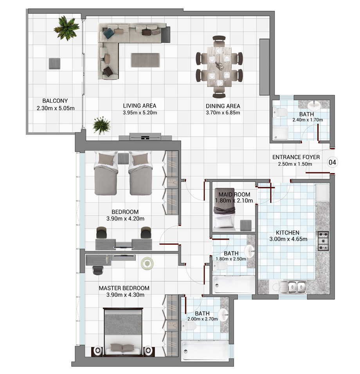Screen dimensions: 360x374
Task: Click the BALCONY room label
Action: (x=55, y=101)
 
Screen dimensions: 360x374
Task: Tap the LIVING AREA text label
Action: (x=140, y=106)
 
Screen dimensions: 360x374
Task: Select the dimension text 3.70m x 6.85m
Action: (x=223, y=113)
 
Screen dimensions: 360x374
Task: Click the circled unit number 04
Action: (x=332, y=163)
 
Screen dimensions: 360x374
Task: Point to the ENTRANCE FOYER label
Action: (x=296, y=157)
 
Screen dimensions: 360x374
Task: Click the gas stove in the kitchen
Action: (x=322, y=241)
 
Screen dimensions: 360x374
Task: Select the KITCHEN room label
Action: (x=288, y=233)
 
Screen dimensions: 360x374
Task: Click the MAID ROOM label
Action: (x=234, y=195)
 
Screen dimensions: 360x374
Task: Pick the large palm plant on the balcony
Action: (x=66, y=28)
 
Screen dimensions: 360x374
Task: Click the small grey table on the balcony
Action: (x=54, y=63)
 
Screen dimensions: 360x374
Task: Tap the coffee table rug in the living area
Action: (x=145, y=60)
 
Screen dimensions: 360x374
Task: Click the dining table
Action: (x=219, y=67)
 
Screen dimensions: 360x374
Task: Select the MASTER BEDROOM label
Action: (x=124, y=288)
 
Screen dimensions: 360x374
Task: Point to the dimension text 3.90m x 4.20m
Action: (x=125, y=219)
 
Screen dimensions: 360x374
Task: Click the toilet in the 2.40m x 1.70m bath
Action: (x=280, y=112)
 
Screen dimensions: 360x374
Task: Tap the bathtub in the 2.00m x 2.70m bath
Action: (x=205, y=351)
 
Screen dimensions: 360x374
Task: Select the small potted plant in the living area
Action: (x=102, y=125)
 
